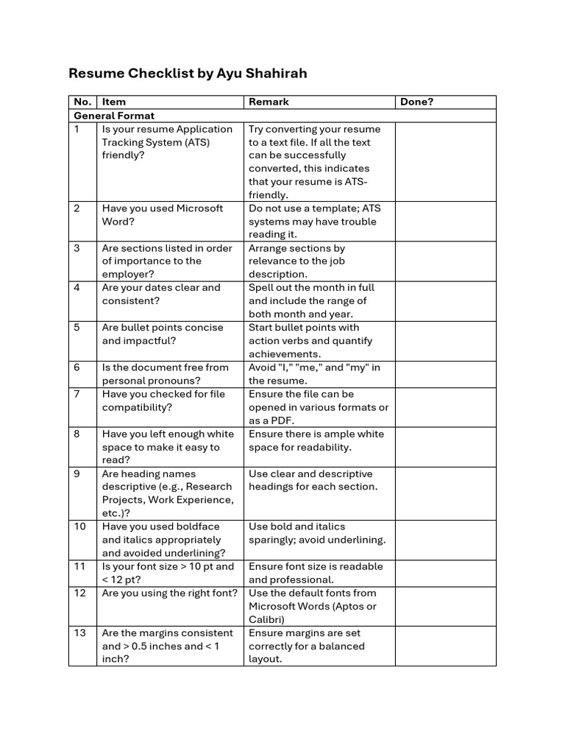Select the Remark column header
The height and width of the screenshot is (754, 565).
point(269,102)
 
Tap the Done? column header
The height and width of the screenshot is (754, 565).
point(416,102)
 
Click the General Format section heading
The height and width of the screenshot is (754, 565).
point(114,116)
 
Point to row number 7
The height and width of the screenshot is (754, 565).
point(77,395)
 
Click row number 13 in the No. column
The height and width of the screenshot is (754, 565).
point(79,633)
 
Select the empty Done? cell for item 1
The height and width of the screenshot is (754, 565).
point(445,162)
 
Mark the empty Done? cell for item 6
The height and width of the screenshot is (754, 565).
point(445,374)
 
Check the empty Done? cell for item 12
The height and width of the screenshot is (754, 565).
point(445,606)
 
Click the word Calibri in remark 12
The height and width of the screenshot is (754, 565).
point(266,620)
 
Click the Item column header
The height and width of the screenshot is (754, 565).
point(114,102)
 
